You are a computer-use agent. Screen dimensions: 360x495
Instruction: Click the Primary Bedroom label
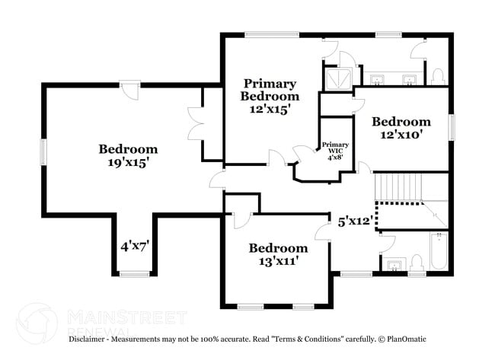coord(270,90)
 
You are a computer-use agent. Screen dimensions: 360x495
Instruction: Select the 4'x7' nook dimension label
coord(134,246)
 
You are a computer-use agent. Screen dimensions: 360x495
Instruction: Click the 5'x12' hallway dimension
coord(355,221)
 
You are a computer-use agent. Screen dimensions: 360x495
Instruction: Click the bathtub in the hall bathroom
coord(439,252)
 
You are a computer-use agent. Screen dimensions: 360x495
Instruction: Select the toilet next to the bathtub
coord(417,263)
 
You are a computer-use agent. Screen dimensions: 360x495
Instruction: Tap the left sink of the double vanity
coord(377,78)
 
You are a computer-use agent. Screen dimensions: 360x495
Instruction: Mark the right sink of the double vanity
coord(409,78)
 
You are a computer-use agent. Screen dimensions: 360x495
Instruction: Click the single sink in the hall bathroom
coord(394,265)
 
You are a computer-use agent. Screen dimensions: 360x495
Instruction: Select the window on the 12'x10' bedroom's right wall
coord(451,126)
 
